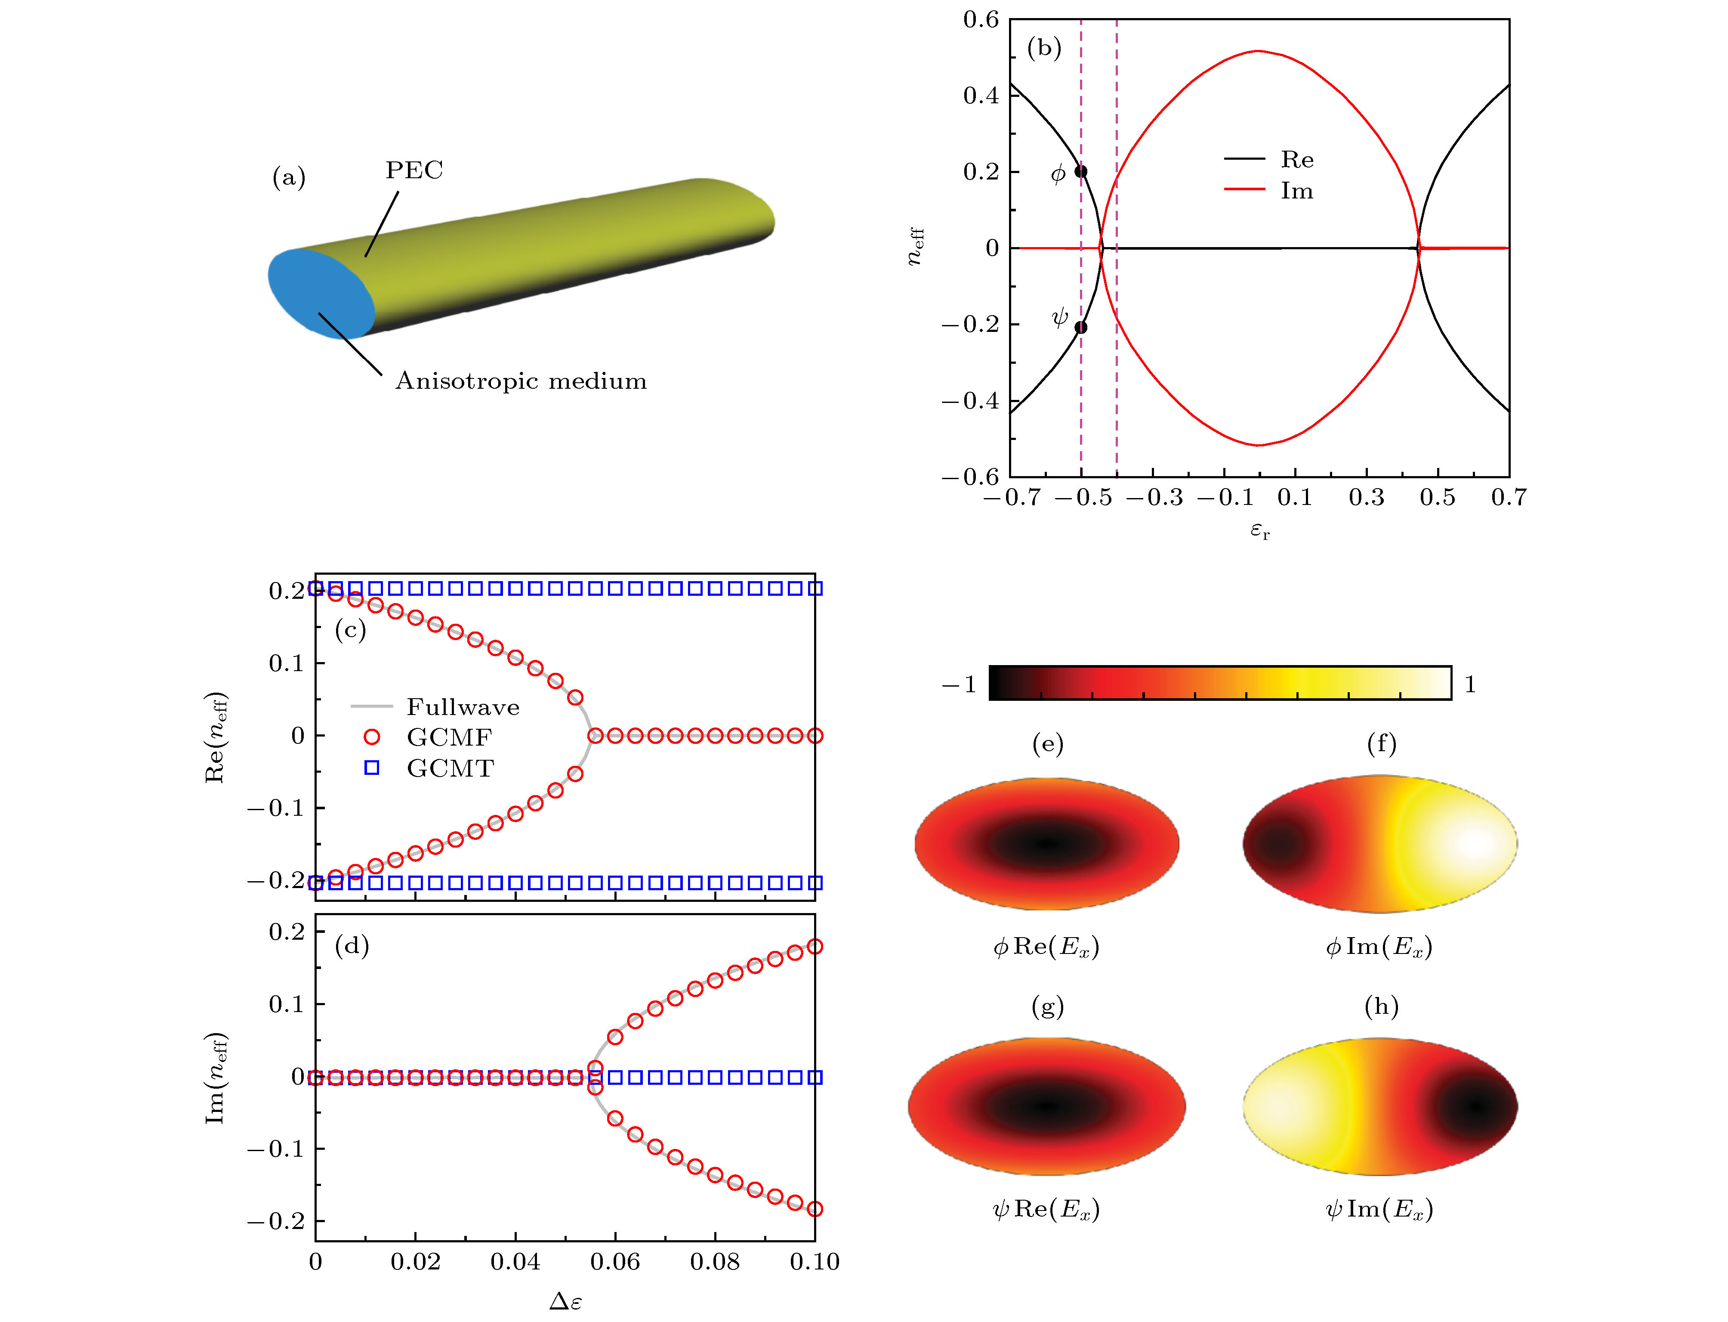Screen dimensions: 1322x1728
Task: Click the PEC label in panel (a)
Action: pos(414,170)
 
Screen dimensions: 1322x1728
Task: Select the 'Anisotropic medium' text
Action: pos(521,381)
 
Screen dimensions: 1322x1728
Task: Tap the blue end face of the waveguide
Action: pos(321,293)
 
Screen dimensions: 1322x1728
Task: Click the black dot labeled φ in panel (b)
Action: pos(1081,171)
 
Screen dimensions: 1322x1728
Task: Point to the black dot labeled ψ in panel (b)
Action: pos(1081,327)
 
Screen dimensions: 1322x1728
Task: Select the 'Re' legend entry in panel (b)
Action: pos(1296,160)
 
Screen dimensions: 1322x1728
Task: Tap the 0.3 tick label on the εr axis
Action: pos(1366,497)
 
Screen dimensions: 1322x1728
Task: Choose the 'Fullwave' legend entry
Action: pos(463,707)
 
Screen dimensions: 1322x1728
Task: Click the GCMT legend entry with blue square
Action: pos(450,768)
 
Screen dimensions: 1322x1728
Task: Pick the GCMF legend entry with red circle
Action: pos(448,737)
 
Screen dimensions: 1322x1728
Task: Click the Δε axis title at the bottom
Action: pos(565,1300)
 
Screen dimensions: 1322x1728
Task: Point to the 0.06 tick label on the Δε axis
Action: pos(615,1262)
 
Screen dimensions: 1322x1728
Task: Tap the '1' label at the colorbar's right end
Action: pos(1469,684)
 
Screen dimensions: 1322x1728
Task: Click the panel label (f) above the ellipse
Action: pos(1381,743)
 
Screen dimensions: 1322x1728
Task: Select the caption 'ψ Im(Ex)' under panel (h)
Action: pos(1379,1209)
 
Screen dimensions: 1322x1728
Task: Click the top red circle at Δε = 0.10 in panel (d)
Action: pos(815,947)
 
